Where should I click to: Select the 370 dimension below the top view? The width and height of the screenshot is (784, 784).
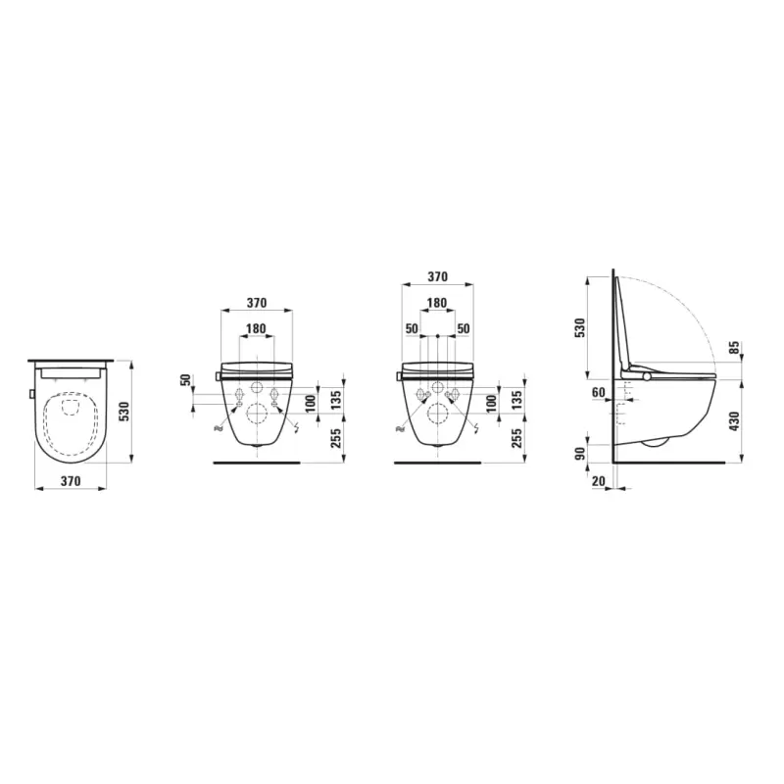click(x=70, y=480)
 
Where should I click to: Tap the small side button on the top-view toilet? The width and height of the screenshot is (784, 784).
click(x=32, y=394)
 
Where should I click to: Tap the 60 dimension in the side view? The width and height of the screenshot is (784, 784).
click(x=597, y=393)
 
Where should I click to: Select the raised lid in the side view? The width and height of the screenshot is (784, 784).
click(x=623, y=323)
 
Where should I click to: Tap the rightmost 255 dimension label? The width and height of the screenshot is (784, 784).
click(x=517, y=437)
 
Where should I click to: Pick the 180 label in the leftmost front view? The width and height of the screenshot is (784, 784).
click(x=256, y=328)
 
